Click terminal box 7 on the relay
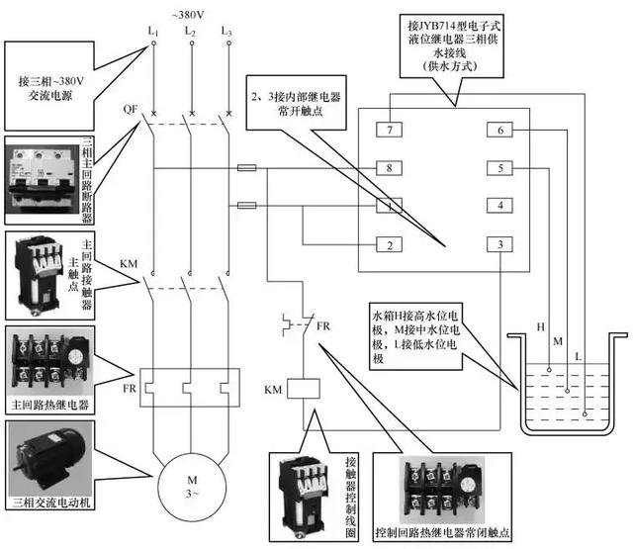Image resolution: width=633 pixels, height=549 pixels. (392, 131)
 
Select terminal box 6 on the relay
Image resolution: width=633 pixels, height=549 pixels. (500, 131)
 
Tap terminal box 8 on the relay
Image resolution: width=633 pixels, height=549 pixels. (392, 168)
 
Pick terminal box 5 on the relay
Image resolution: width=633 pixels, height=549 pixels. (500, 168)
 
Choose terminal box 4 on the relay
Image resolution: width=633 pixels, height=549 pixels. (500, 206)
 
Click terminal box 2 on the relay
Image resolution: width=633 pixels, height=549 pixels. (392, 244)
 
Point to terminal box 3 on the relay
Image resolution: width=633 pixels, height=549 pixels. (500, 244)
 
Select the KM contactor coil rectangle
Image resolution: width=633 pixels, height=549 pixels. (302, 390)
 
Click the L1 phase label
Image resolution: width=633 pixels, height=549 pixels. (153, 33)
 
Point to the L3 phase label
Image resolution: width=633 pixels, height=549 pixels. (226, 33)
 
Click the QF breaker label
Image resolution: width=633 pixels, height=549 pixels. (131, 108)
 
